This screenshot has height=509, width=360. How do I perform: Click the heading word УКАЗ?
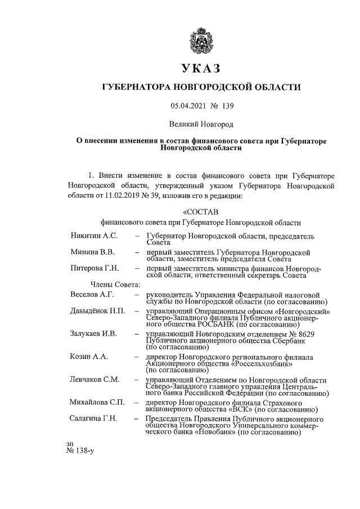coord(201,69)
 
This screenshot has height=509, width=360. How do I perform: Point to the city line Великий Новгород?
coord(201,123)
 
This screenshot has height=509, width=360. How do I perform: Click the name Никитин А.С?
coord(93,236)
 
